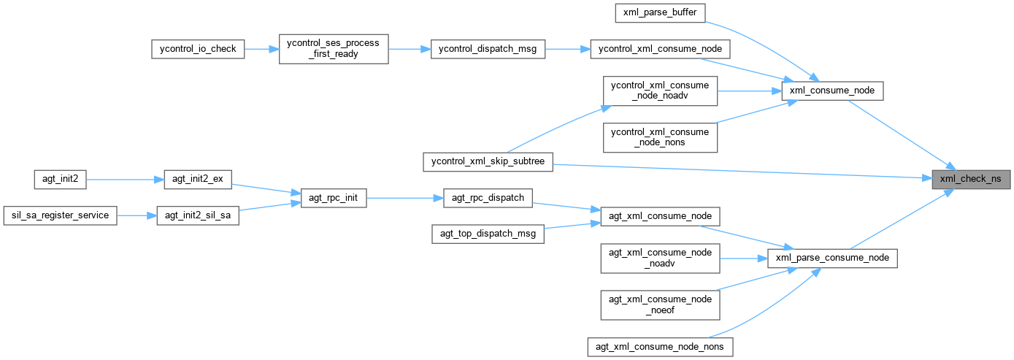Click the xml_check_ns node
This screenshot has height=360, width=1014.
coord(970,178)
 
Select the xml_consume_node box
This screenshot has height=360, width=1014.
coord(832,91)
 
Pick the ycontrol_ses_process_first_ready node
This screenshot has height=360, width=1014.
coord(334,49)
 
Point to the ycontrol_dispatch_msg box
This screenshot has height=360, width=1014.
coord(488,49)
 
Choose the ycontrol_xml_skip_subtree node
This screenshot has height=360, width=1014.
coord(488,162)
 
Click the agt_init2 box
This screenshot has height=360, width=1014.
coord(61,178)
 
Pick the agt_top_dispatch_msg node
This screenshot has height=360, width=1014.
coord(488,234)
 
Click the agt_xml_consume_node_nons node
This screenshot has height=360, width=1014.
coord(660,346)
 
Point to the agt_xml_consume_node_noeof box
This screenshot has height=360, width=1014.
coord(660,305)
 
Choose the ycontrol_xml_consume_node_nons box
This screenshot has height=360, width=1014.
coord(660,137)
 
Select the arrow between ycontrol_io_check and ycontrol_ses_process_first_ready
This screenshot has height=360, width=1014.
coord(261,49)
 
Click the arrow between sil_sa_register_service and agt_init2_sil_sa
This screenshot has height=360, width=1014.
coord(137,215)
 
